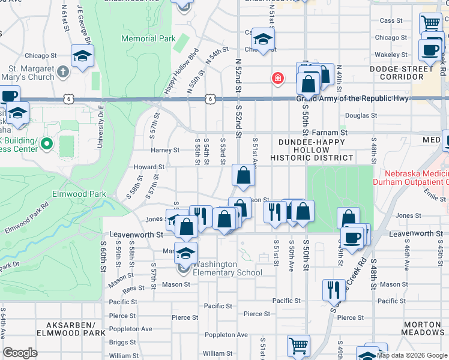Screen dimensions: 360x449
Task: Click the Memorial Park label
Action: coord(148,39)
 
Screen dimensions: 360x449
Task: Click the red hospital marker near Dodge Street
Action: coord(277,78)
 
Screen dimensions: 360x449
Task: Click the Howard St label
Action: coord(149,167)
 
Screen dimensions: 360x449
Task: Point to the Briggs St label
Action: coord(122,343)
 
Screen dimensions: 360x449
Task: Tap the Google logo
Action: coord(20,353)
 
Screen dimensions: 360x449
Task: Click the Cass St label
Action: coord(391,20)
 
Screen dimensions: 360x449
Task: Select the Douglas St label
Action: coord(361,115)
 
